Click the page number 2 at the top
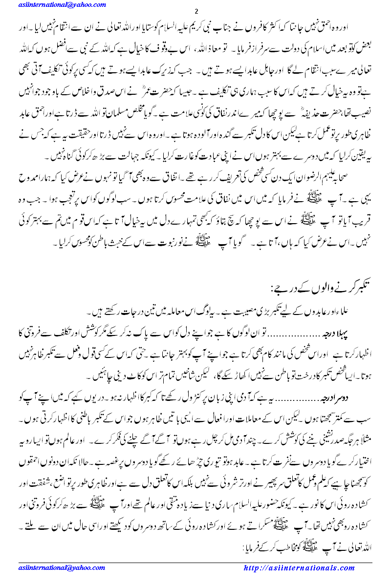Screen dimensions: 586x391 pos(195,12)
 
